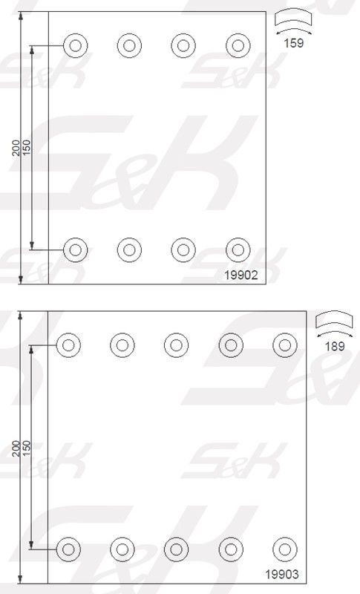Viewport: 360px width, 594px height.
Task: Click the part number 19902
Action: pos(241,275)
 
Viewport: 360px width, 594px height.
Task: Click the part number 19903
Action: pos(281,574)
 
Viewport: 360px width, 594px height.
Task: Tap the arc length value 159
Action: pos(294,43)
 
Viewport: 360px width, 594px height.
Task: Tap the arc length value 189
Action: pos(335,346)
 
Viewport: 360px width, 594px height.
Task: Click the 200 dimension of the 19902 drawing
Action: pos(16,148)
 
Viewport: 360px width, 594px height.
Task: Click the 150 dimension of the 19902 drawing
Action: pos(27,148)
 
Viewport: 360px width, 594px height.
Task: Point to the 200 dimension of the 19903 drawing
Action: pos(16,448)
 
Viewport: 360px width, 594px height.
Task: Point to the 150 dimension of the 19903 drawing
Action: pos(27,448)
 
